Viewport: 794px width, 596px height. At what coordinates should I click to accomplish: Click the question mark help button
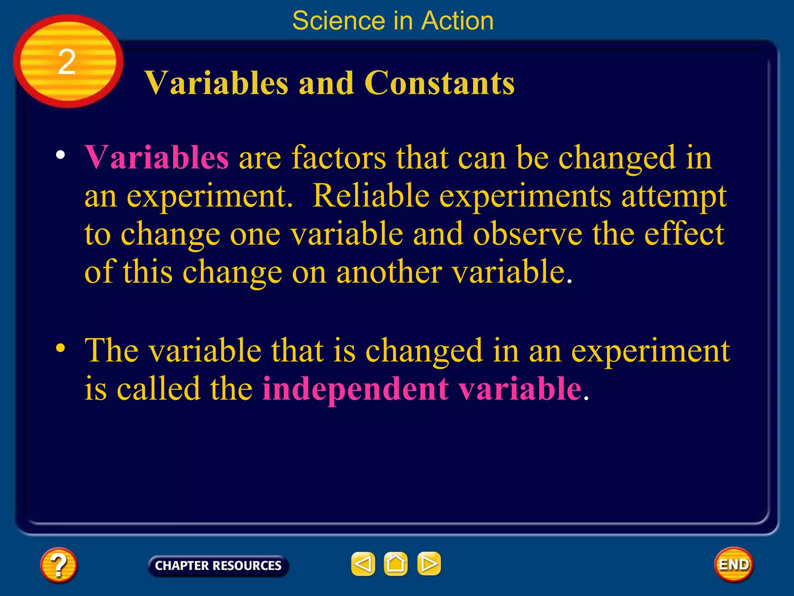point(59,565)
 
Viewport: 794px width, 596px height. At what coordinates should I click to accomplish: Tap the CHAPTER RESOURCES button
point(218,565)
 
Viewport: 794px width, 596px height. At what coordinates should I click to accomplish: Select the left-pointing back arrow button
point(363,564)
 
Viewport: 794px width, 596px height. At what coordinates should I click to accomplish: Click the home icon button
point(395,564)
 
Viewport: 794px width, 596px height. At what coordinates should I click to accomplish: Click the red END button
point(734,565)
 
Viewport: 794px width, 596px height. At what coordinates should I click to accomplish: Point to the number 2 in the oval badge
point(67,62)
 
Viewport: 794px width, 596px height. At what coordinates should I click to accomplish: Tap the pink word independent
point(356,388)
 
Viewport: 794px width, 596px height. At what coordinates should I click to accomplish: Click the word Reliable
point(371,196)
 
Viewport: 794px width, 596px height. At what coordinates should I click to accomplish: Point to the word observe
point(527,234)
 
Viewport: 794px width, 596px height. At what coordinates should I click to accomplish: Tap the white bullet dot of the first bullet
point(60,155)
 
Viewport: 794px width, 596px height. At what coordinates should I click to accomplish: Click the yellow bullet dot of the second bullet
point(60,348)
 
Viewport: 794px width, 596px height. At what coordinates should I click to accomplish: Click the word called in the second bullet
point(158,388)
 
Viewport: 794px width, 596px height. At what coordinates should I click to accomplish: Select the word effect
point(684,234)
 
